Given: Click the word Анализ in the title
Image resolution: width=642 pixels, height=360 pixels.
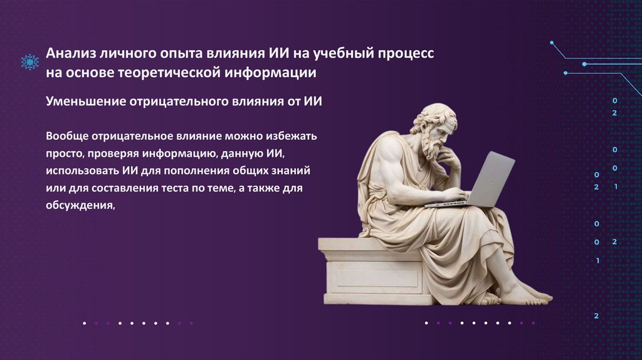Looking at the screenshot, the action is point(71,53).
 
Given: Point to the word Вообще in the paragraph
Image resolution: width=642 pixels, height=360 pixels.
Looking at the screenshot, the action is point(67,136).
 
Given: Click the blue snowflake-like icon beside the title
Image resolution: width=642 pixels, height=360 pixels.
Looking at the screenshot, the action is point(30,62).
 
